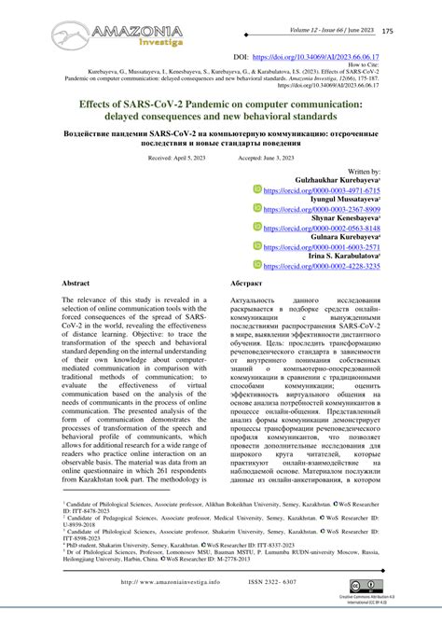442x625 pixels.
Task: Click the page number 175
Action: [x=413, y=32]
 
